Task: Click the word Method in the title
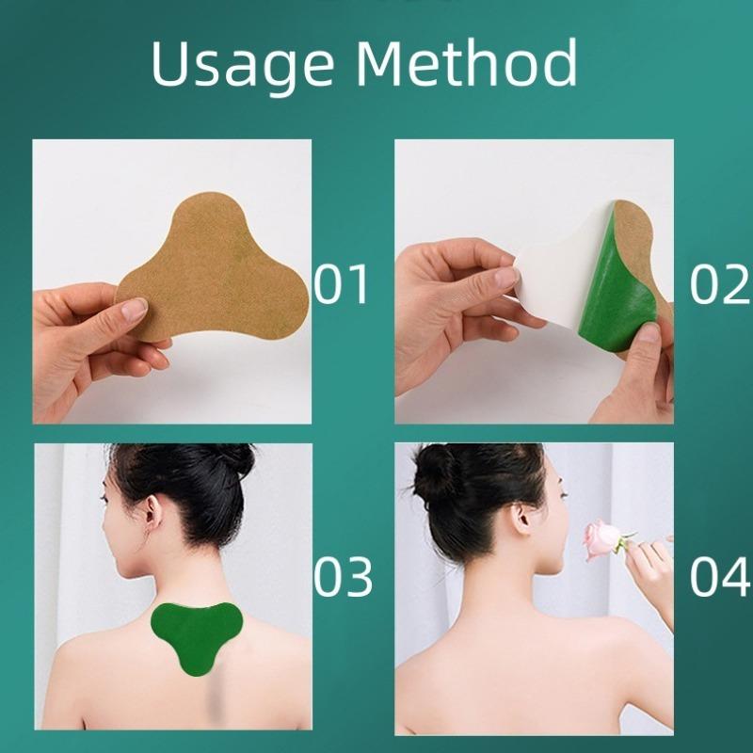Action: click(466, 63)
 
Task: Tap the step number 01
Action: click(342, 284)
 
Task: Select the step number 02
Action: click(719, 284)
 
